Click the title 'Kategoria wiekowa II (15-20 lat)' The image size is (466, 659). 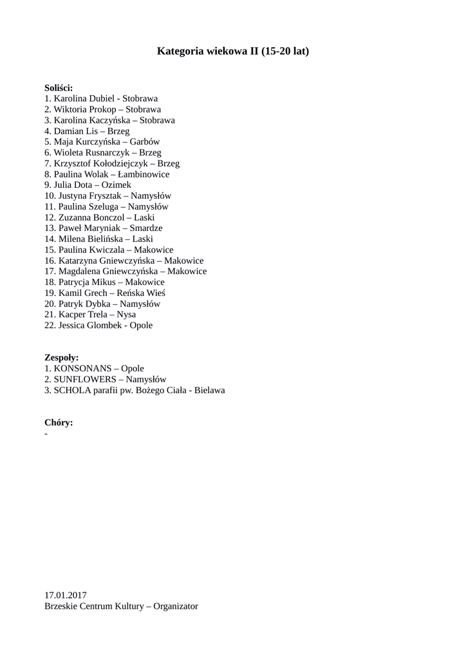click(x=233, y=51)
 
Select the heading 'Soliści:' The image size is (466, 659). click(x=59, y=88)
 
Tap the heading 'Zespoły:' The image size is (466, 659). click(x=62, y=357)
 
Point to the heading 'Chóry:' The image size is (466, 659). click(x=59, y=422)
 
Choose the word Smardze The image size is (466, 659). click(x=145, y=228)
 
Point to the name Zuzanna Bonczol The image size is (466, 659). click(x=89, y=217)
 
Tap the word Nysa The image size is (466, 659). click(x=126, y=314)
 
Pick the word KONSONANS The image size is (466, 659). click(x=82, y=368)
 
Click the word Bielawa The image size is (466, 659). click(x=209, y=390)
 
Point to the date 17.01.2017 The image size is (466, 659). click(x=66, y=595)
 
